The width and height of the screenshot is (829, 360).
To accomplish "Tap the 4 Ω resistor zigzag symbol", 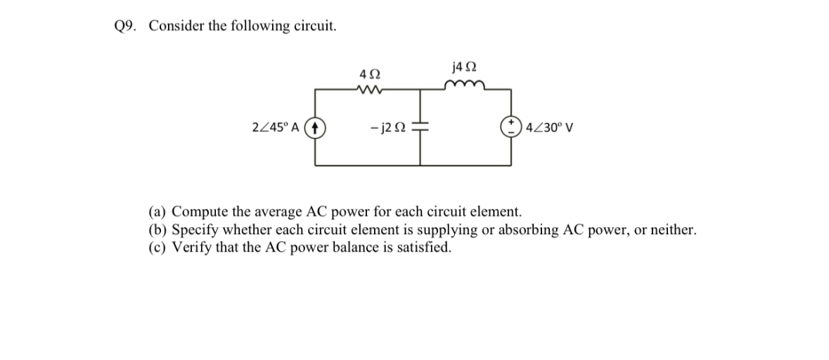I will pyautogui.click(x=368, y=89).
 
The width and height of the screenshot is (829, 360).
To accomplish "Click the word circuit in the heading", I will pyautogui.click(x=316, y=26).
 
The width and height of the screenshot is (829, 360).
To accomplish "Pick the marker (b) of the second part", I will pyautogui.click(x=158, y=229).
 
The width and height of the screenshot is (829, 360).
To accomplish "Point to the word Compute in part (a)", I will pyautogui.click(x=200, y=212).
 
